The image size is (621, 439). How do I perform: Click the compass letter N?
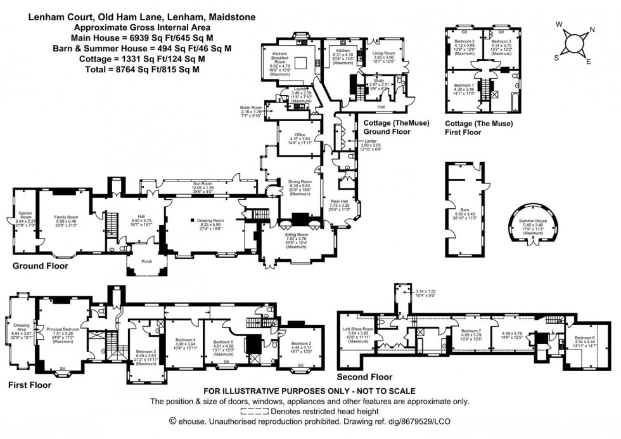pos(591,29)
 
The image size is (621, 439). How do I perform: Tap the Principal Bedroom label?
pos(63,329)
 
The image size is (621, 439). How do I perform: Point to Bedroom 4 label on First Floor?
pos(185,339)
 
